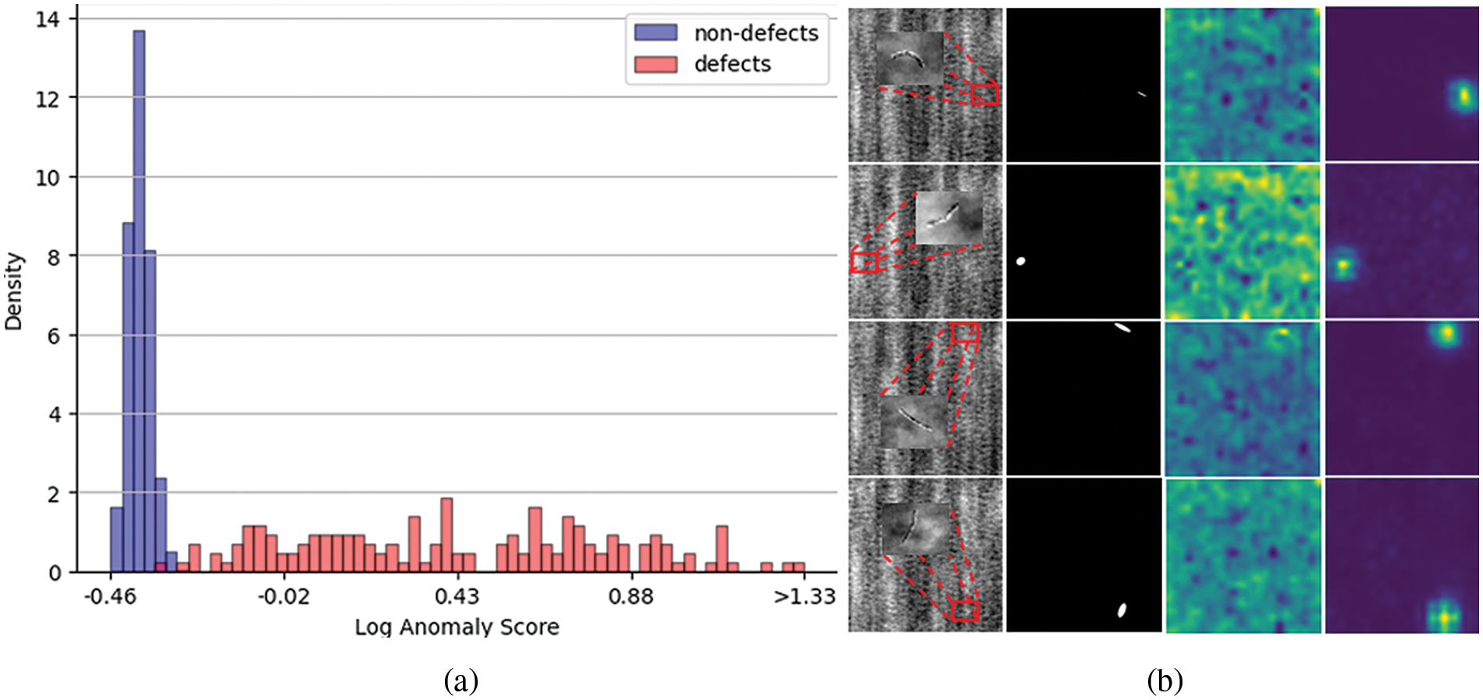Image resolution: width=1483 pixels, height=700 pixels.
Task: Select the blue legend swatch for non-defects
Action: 655,33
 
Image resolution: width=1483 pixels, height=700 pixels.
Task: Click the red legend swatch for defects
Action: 655,64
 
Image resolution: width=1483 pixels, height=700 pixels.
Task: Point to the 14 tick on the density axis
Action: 48,19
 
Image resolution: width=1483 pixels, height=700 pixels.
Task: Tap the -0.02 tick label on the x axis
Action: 283,597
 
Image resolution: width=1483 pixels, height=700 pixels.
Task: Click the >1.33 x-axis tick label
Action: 804,597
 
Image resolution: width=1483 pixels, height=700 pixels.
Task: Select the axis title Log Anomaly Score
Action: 457,627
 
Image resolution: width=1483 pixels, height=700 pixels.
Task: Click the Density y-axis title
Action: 13,291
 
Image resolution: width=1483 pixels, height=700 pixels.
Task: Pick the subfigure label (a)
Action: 461,681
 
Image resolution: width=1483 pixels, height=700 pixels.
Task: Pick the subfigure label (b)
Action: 1165,681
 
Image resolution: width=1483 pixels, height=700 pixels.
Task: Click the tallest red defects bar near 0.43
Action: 446,535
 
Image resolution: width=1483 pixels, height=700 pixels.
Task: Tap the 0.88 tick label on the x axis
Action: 631,597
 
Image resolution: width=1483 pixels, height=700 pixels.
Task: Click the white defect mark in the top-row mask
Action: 1141,94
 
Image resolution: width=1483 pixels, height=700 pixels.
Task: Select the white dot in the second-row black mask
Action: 1020,261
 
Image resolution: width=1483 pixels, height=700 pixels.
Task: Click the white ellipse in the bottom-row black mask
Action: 1122,610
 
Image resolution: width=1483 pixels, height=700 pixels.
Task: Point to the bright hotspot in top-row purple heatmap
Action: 1463,96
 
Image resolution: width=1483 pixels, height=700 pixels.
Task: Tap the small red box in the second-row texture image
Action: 865,261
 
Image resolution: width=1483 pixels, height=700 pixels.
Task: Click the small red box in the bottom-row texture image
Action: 966,610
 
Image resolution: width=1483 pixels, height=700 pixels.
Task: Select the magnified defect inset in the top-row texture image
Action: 910,59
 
